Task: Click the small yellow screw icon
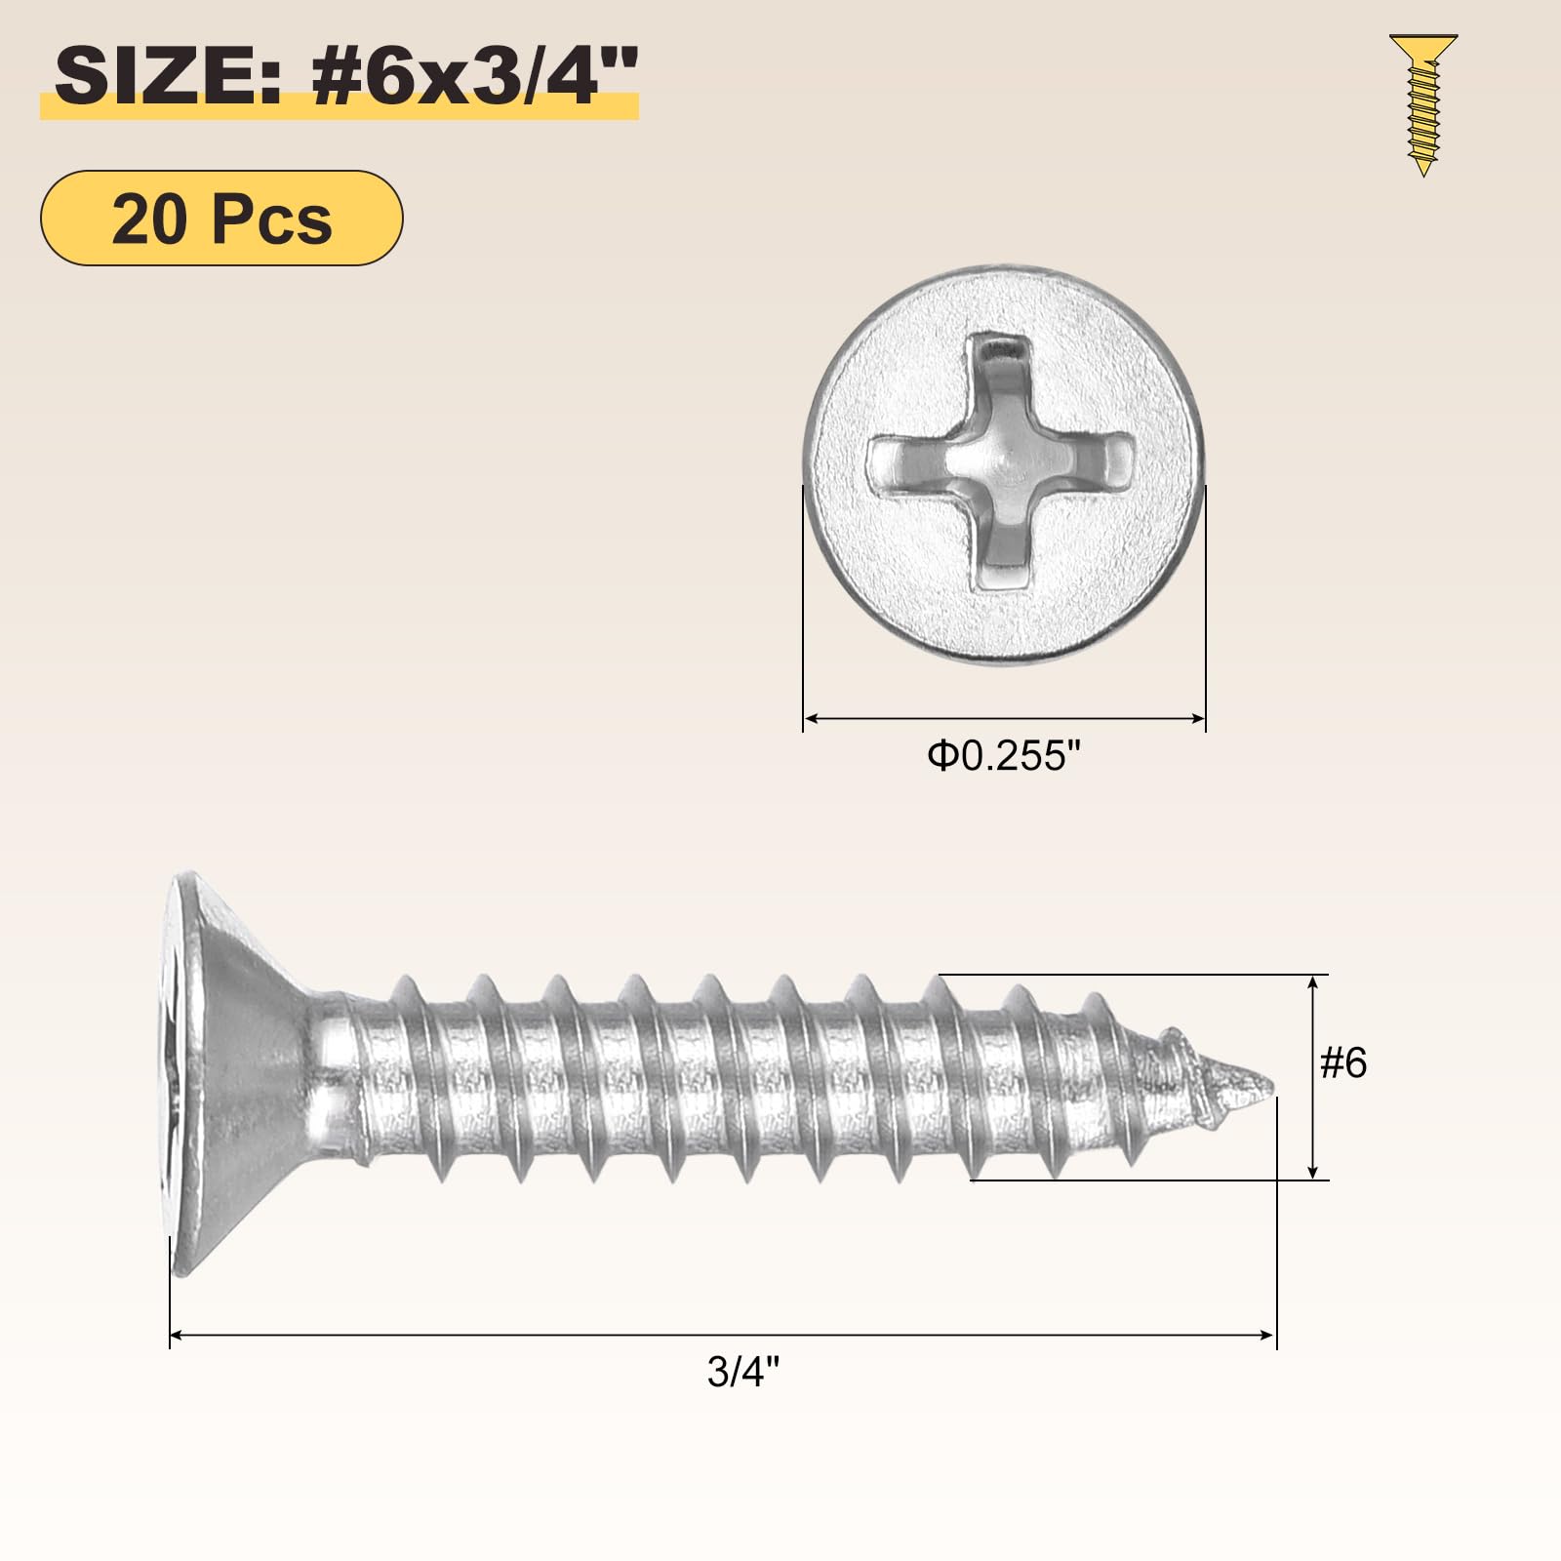pyautogui.click(x=1423, y=105)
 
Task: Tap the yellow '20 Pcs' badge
pyautogui.click(x=221, y=218)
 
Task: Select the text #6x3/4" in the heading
pyautogui.click(x=475, y=77)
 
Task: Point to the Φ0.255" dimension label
pyautogui.click(x=1005, y=756)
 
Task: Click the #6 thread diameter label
pyautogui.click(x=1343, y=1062)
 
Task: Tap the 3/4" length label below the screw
pyautogui.click(x=743, y=1372)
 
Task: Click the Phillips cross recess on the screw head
pyautogui.click(x=1003, y=463)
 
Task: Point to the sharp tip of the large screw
pyautogui.click(x=1274, y=1084)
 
